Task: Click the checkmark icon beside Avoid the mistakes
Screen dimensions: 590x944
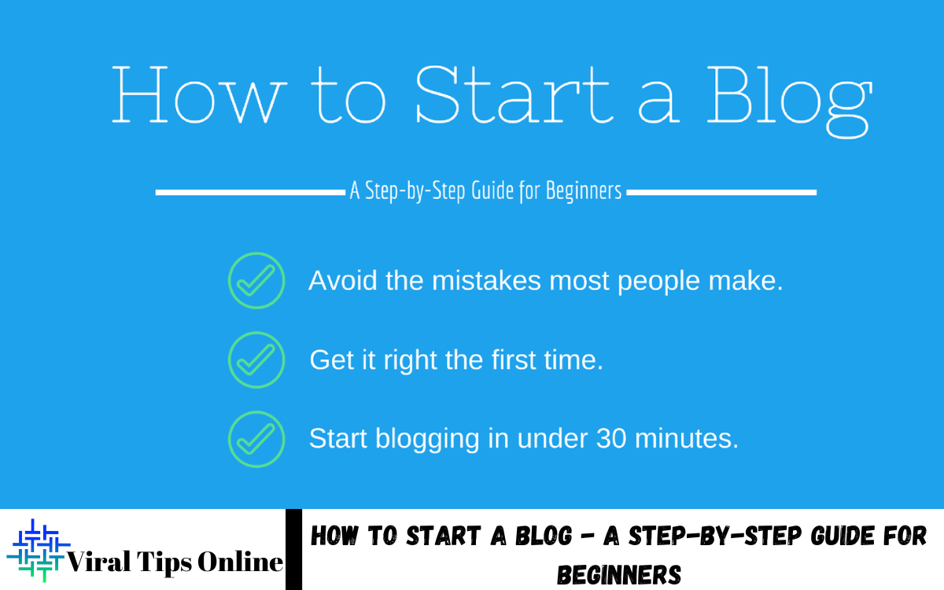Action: point(256,280)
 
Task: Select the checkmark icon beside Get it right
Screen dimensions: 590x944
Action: point(256,360)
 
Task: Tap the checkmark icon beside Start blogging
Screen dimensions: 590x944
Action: point(256,438)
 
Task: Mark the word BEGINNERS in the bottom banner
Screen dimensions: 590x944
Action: point(618,575)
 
